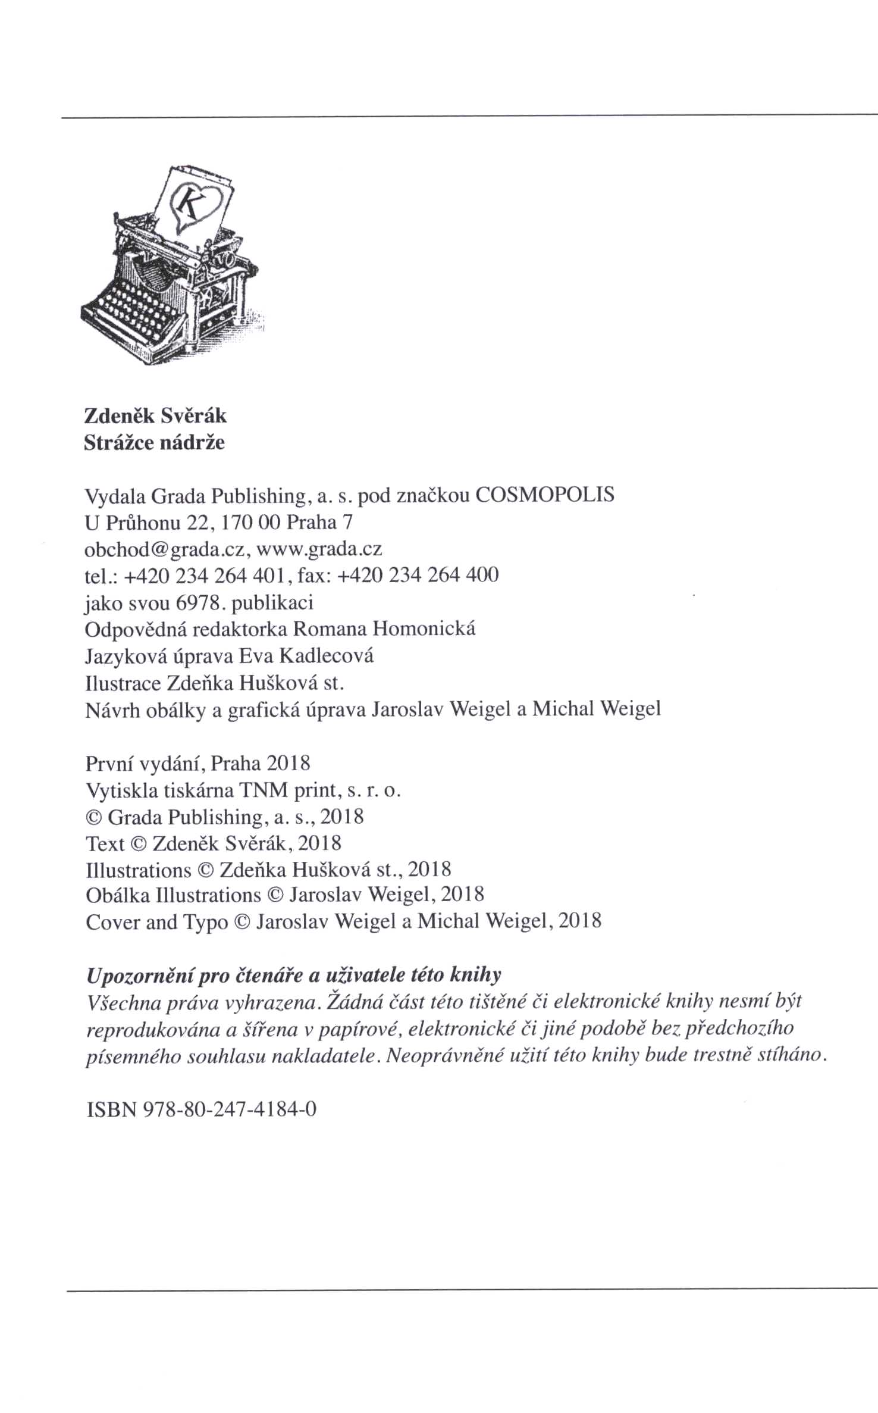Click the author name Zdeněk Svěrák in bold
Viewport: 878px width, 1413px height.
pos(155,415)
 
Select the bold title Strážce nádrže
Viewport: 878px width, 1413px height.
pos(154,442)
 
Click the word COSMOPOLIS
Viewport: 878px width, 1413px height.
pos(545,495)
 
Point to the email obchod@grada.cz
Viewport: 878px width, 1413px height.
pos(164,548)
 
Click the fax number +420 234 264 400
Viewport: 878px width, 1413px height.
pos(418,575)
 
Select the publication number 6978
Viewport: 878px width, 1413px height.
pos(199,603)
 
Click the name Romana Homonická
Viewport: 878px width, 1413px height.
pos(385,629)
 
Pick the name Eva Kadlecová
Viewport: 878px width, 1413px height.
pos(306,656)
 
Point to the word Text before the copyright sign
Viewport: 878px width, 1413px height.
pos(105,843)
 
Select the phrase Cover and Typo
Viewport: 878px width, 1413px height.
pos(156,922)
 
